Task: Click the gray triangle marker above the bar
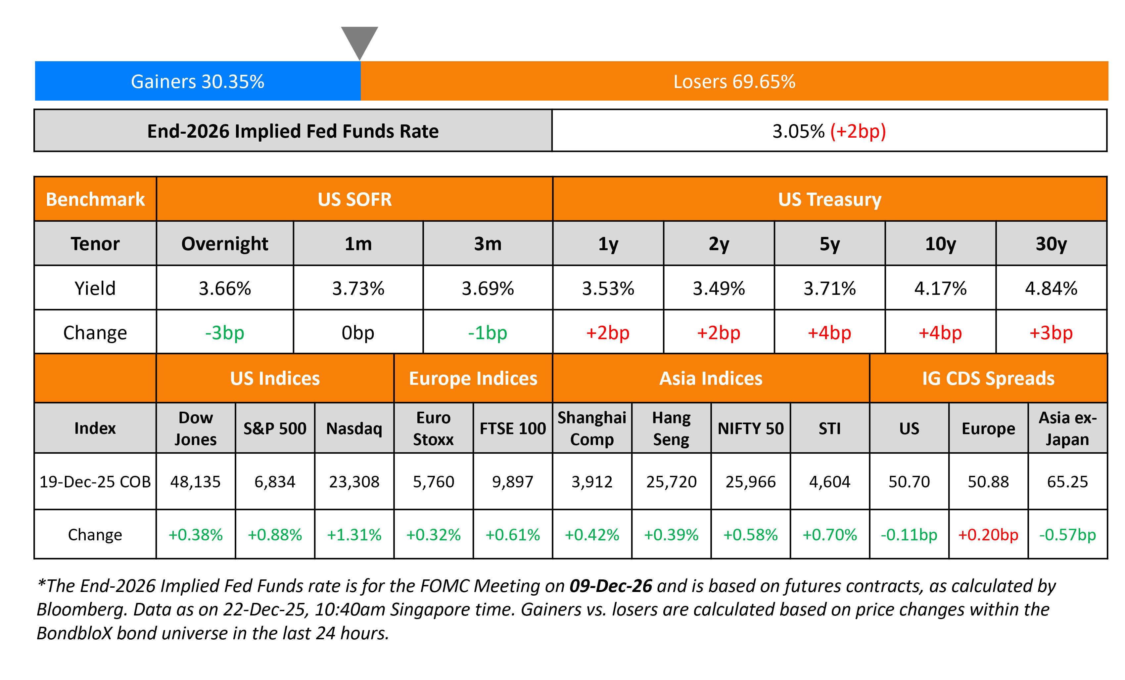click(x=359, y=40)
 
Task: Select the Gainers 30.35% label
click(x=197, y=82)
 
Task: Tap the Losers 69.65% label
click(x=734, y=82)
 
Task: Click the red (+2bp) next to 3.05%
click(x=858, y=131)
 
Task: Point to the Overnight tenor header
click(x=225, y=244)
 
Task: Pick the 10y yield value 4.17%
click(x=940, y=289)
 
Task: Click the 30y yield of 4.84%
click(x=1051, y=289)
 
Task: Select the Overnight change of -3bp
click(x=225, y=333)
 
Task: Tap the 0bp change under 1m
click(x=358, y=333)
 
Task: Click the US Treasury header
click(x=829, y=200)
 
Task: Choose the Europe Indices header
click(x=473, y=378)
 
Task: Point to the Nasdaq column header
click(x=354, y=429)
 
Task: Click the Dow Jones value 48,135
click(x=195, y=481)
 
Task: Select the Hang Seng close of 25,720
click(x=671, y=481)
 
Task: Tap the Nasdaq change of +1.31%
click(x=354, y=534)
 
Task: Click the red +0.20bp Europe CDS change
click(x=988, y=534)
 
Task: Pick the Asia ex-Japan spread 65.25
click(x=1067, y=481)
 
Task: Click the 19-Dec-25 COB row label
click(x=95, y=481)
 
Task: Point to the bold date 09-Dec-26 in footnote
click(x=610, y=586)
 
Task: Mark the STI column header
click(x=829, y=429)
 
